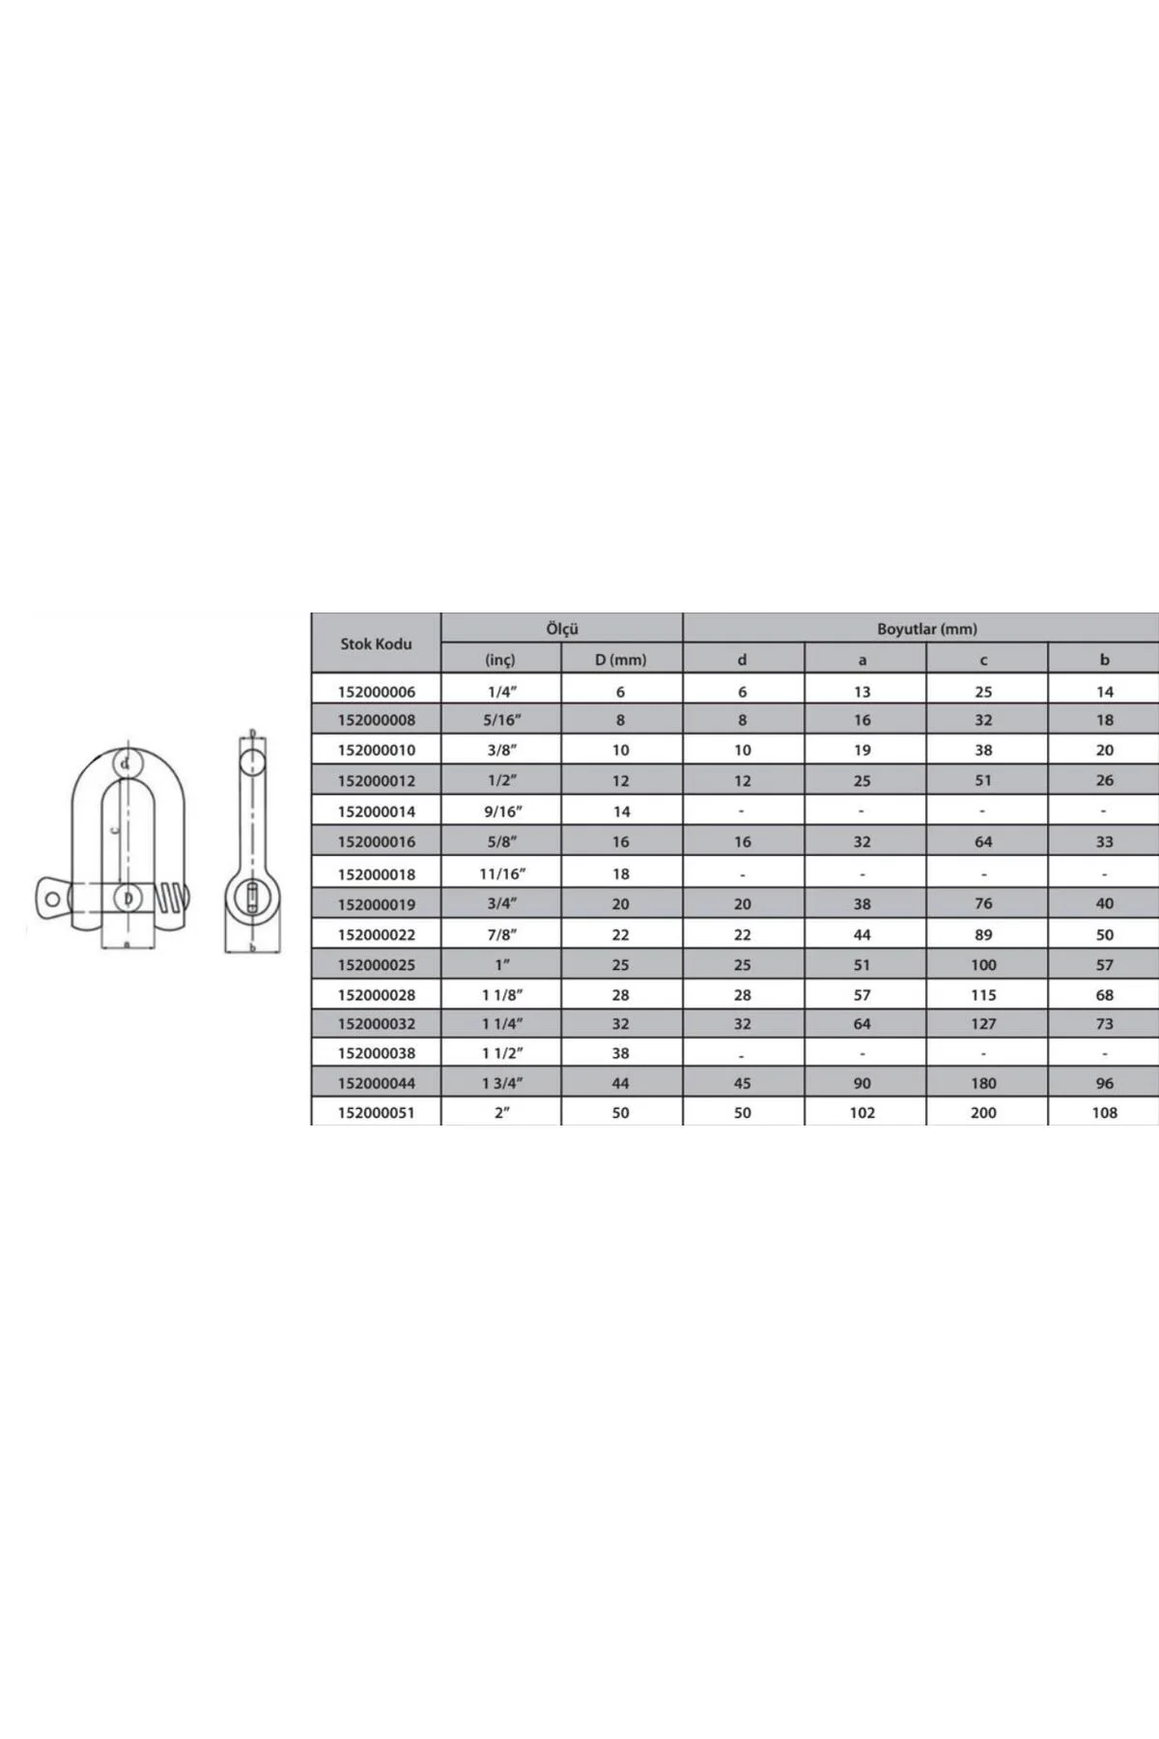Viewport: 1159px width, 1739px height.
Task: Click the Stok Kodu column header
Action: pos(376,643)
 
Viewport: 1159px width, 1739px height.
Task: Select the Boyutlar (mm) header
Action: pos(927,629)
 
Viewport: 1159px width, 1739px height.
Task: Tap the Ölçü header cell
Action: pos(562,628)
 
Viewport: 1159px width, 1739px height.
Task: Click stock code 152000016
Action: pos(377,841)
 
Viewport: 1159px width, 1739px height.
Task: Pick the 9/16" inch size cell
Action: pos(501,812)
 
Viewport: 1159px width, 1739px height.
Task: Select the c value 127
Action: pos(983,1024)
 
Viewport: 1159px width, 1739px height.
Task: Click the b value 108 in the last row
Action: pos(1105,1113)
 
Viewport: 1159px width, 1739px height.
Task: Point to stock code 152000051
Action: pos(377,1113)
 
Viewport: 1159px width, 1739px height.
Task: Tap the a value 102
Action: pos(862,1113)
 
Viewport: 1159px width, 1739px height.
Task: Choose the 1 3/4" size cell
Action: pos(501,1083)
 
